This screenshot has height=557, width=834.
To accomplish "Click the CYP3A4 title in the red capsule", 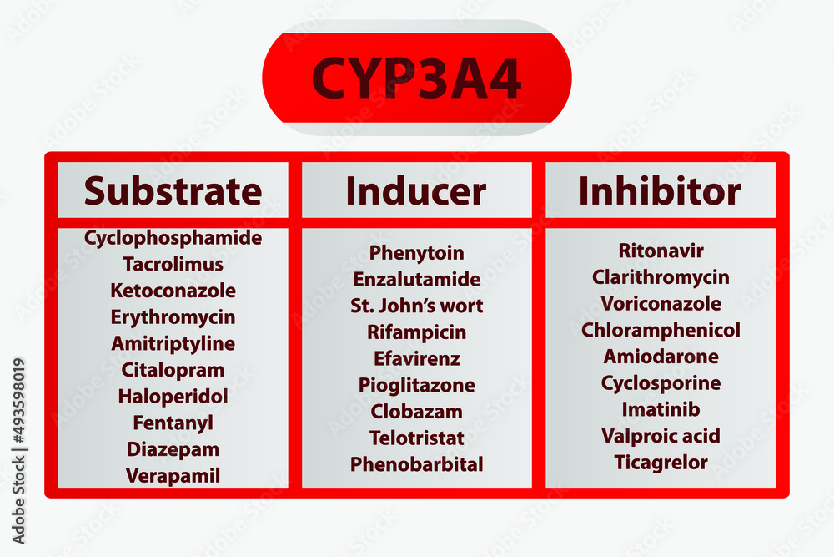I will click(x=416, y=78).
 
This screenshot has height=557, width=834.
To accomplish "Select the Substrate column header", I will click(x=173, y=191).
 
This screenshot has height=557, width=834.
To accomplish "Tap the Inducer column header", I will click(x=416, y=191).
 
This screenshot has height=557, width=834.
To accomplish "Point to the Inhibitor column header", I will click(x=660, y=191).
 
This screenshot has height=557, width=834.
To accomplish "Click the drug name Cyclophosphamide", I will click(x=173, y=238).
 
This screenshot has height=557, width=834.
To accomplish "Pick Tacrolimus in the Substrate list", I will click(x=173, y=265).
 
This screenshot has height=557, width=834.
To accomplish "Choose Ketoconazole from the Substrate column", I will click(x=173, y=291).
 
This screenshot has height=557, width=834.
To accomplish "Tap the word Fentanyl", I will click(x=173, y=423).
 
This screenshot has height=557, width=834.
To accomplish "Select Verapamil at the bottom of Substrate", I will click(x=173, y=476).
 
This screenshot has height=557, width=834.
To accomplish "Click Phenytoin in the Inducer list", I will click(x=416, y=253).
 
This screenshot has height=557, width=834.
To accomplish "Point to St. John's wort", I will click(x=416, y=306).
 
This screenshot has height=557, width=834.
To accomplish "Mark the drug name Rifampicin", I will click(x=416, y=332).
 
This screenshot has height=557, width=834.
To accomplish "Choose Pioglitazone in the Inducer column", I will click(x=416, y=385).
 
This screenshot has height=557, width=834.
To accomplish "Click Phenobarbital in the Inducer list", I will click(x=416, y=464).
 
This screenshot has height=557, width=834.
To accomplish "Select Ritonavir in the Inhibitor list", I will click(x=661, y=251).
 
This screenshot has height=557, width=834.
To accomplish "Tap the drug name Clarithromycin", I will click(x=661, y=277).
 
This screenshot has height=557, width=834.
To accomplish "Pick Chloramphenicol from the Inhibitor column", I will click(x=661, y=330).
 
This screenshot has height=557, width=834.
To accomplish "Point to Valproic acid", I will click(x=661, y=436).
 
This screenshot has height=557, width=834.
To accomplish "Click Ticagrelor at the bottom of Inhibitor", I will click(x=661, y=463).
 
